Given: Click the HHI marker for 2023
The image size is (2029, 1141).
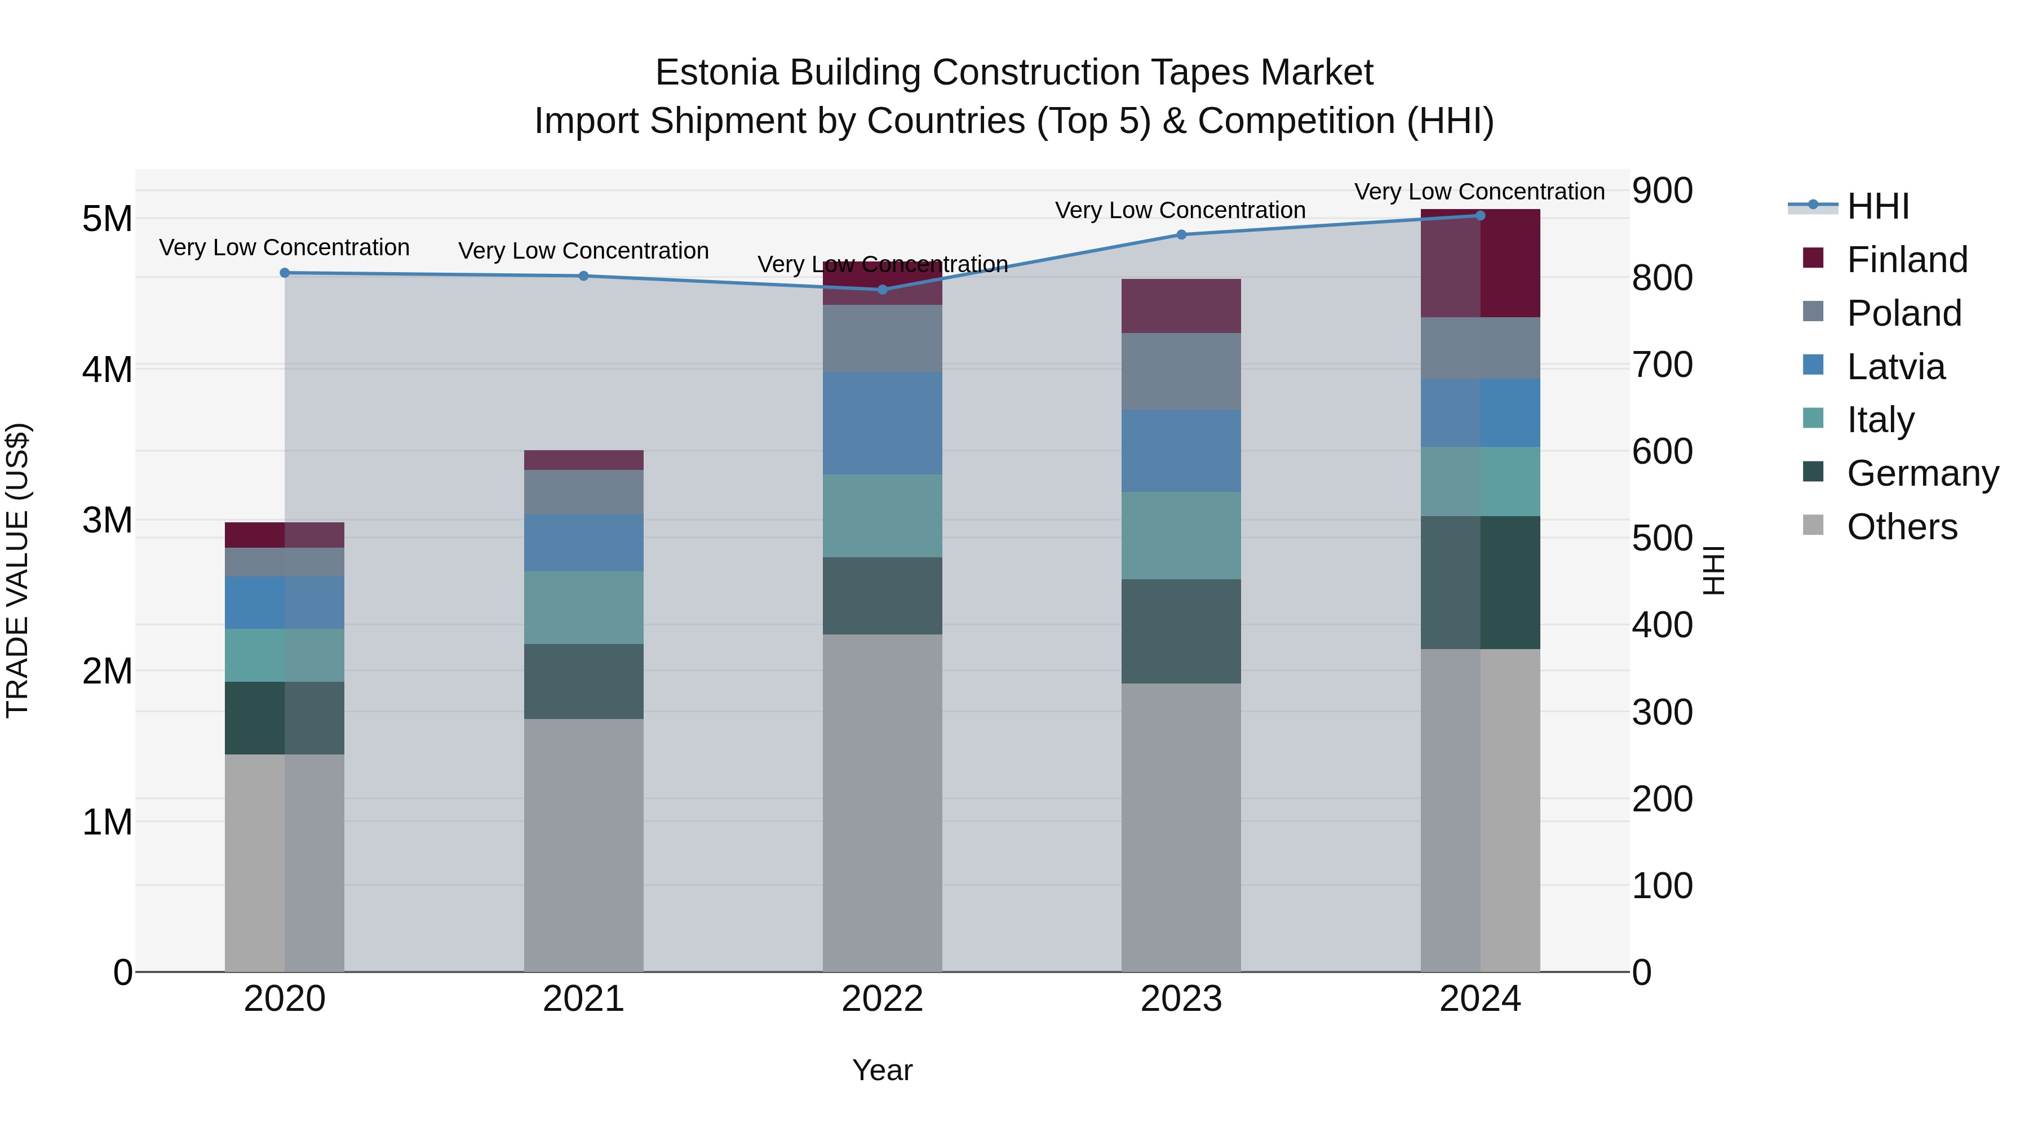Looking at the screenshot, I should click(1181, 234).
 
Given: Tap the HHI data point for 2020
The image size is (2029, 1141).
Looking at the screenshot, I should click(285, 273).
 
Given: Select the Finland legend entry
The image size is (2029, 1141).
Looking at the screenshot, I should click(1906, 260).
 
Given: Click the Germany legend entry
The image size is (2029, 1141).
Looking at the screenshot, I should click(1922, 473).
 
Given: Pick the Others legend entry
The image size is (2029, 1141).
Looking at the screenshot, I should click(1902, 527).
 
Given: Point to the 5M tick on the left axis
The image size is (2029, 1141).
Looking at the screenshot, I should click(107, 219).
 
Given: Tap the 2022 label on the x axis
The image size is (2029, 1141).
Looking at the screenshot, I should click(882, 999).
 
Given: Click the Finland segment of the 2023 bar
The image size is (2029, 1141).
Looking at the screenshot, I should click(1181, 307).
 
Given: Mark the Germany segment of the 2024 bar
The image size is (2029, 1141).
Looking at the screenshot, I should click(1480, 583).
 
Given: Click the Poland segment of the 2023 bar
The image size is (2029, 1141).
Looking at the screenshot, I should click(1181, 371).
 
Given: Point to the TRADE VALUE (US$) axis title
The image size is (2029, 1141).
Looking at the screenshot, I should click(17, 570).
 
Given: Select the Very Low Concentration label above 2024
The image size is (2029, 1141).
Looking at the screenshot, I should click(1479, 192).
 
